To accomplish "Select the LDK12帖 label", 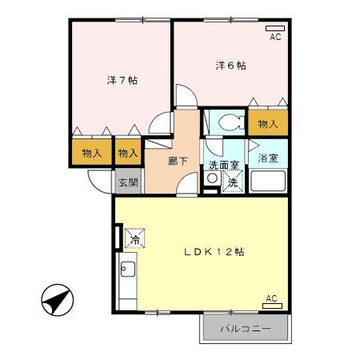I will point(214,250).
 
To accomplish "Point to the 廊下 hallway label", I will point(178,161).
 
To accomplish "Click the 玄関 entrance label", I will point(128,182).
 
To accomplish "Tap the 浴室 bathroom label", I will point(268,158).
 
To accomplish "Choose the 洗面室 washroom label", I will point(224,166).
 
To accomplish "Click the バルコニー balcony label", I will point(246,329).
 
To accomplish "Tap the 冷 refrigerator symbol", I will point(134,238).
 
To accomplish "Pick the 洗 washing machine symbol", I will point(232,183).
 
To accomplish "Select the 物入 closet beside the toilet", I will point(266,124).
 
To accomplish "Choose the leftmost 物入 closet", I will point(92,152).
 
